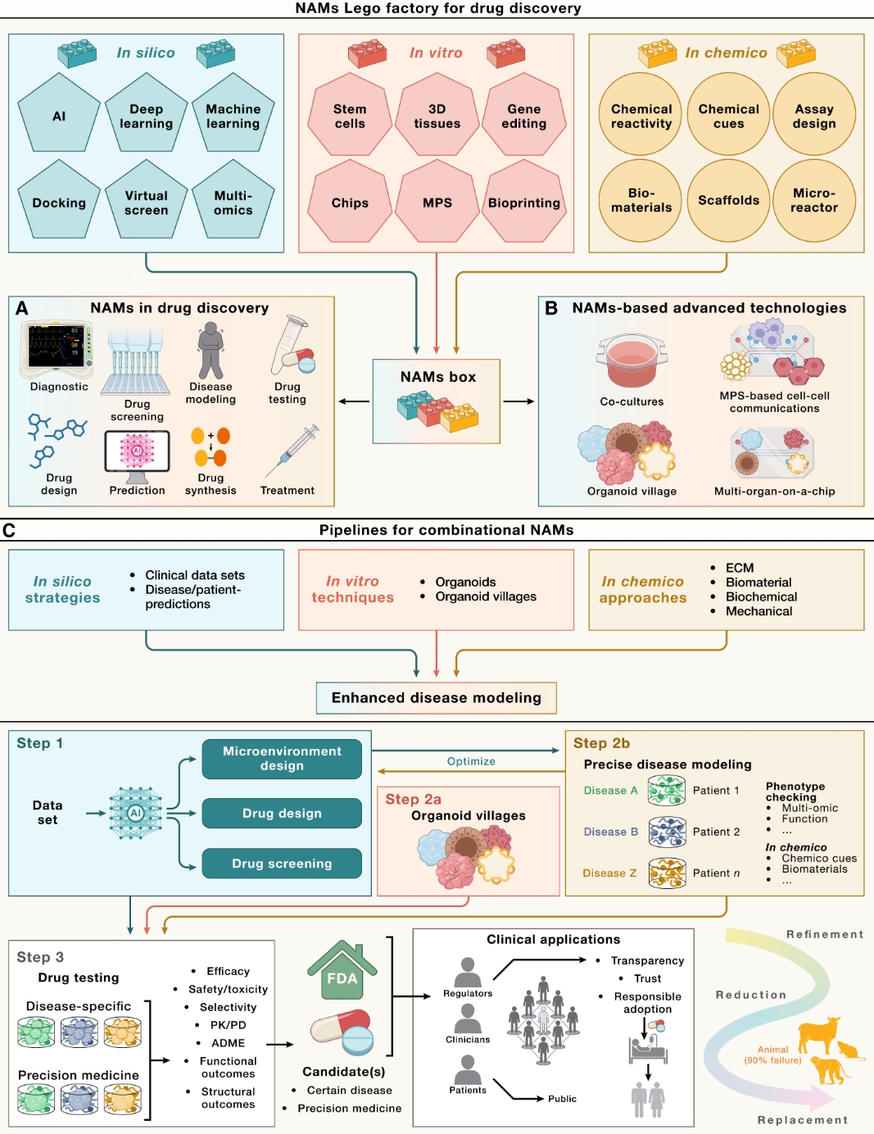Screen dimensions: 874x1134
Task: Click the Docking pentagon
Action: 59,200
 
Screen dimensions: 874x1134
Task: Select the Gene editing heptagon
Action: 524,115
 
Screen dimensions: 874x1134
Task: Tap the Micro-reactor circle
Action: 814,201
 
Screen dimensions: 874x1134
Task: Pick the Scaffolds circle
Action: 728,201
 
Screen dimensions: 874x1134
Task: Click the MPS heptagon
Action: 437,202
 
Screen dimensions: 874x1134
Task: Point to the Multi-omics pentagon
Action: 233,200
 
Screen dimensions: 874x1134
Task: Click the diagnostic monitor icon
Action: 57,350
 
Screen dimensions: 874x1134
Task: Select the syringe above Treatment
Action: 292,451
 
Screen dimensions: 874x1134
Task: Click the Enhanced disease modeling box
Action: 437,698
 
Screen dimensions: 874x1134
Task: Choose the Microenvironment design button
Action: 282,759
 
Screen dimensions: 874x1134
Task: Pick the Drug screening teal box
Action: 282,863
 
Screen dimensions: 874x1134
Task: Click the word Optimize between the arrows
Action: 471,761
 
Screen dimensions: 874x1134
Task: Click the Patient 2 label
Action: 716,832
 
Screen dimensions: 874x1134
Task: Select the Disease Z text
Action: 609,873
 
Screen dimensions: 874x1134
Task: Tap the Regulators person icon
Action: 468,972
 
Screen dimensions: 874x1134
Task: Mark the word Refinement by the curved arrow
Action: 825,934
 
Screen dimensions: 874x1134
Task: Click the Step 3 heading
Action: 40,957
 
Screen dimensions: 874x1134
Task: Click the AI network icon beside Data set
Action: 136,813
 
